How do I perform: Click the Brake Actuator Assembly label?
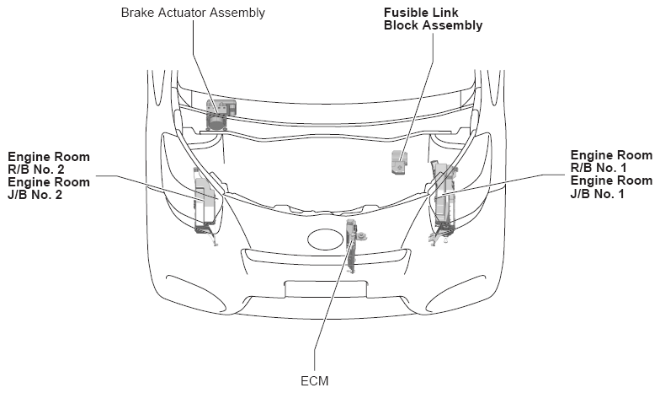coord(193,13)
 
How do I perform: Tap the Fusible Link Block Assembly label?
coord(433,19)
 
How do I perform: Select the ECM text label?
coord(315,381)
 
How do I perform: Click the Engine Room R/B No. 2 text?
coord(49,163)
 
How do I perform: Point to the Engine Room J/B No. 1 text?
coord(611,187)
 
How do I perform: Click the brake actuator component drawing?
coord(220,114)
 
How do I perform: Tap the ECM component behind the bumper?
coord(353,245)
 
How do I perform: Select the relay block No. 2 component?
coord(205,202)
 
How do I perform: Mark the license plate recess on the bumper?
coord(325,289)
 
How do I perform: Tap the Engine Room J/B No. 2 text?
coord(49,188)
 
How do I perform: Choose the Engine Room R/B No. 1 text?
coord(611,162)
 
